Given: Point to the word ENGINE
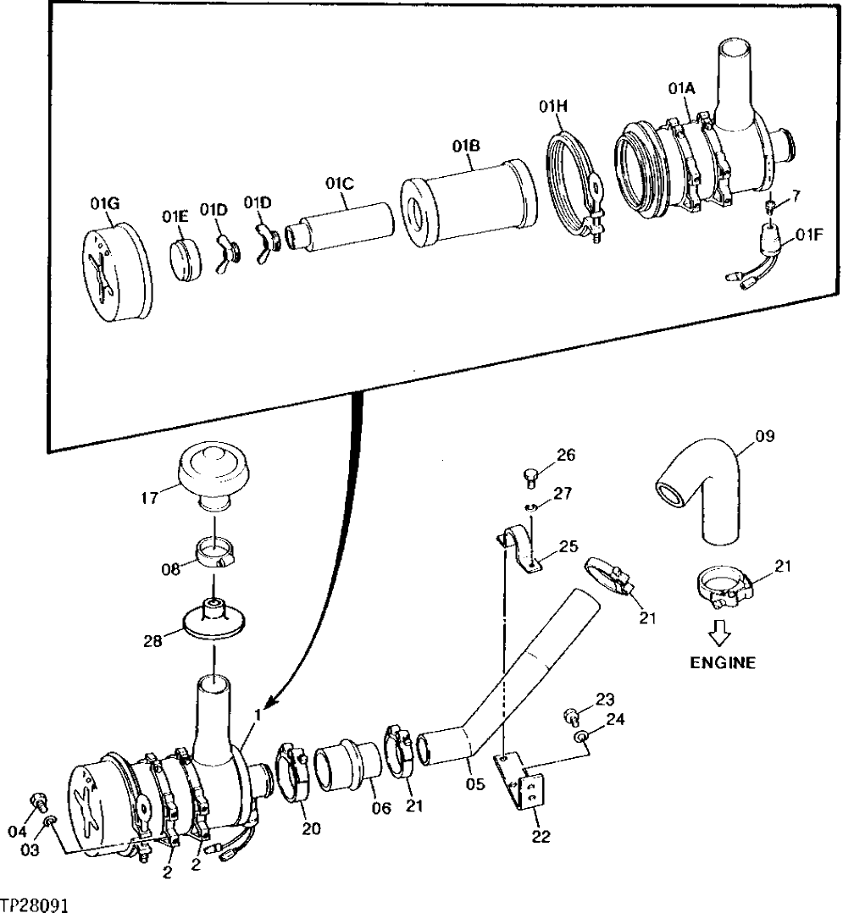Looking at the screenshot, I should (x=722, y=663).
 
